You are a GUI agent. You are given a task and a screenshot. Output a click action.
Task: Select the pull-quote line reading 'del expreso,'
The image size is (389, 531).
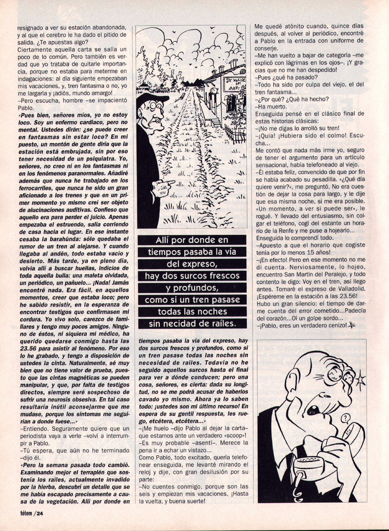(192, 264)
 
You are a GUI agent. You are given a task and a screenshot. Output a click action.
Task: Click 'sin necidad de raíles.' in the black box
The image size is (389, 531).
(192, 323)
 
